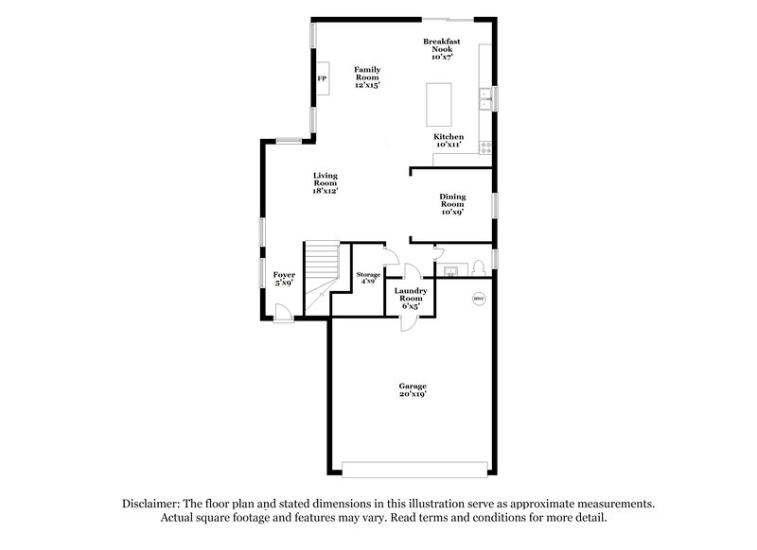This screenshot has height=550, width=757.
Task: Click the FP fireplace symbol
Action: click(323, 77)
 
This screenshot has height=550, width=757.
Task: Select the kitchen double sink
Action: click(484, 97)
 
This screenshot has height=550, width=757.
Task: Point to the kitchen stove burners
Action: click(486, 146)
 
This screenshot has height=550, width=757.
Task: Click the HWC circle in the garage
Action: click(479, 300)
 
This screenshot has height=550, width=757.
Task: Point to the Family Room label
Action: click(367, 77)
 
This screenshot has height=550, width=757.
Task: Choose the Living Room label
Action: click(326, 183)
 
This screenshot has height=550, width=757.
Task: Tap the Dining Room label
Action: click(451, 204)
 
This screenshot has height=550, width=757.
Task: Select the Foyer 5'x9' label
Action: click(285, 279)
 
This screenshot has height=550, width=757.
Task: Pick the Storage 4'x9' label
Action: click(368, 277)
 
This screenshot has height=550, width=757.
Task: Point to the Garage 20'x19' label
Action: click(412, 390)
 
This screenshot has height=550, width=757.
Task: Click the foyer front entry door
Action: click(280, 311)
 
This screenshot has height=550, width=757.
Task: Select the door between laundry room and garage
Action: click(409, 321)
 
